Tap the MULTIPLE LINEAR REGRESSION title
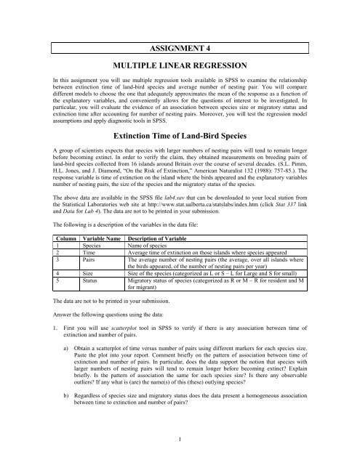pyautogui.click(x=180, y=46)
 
